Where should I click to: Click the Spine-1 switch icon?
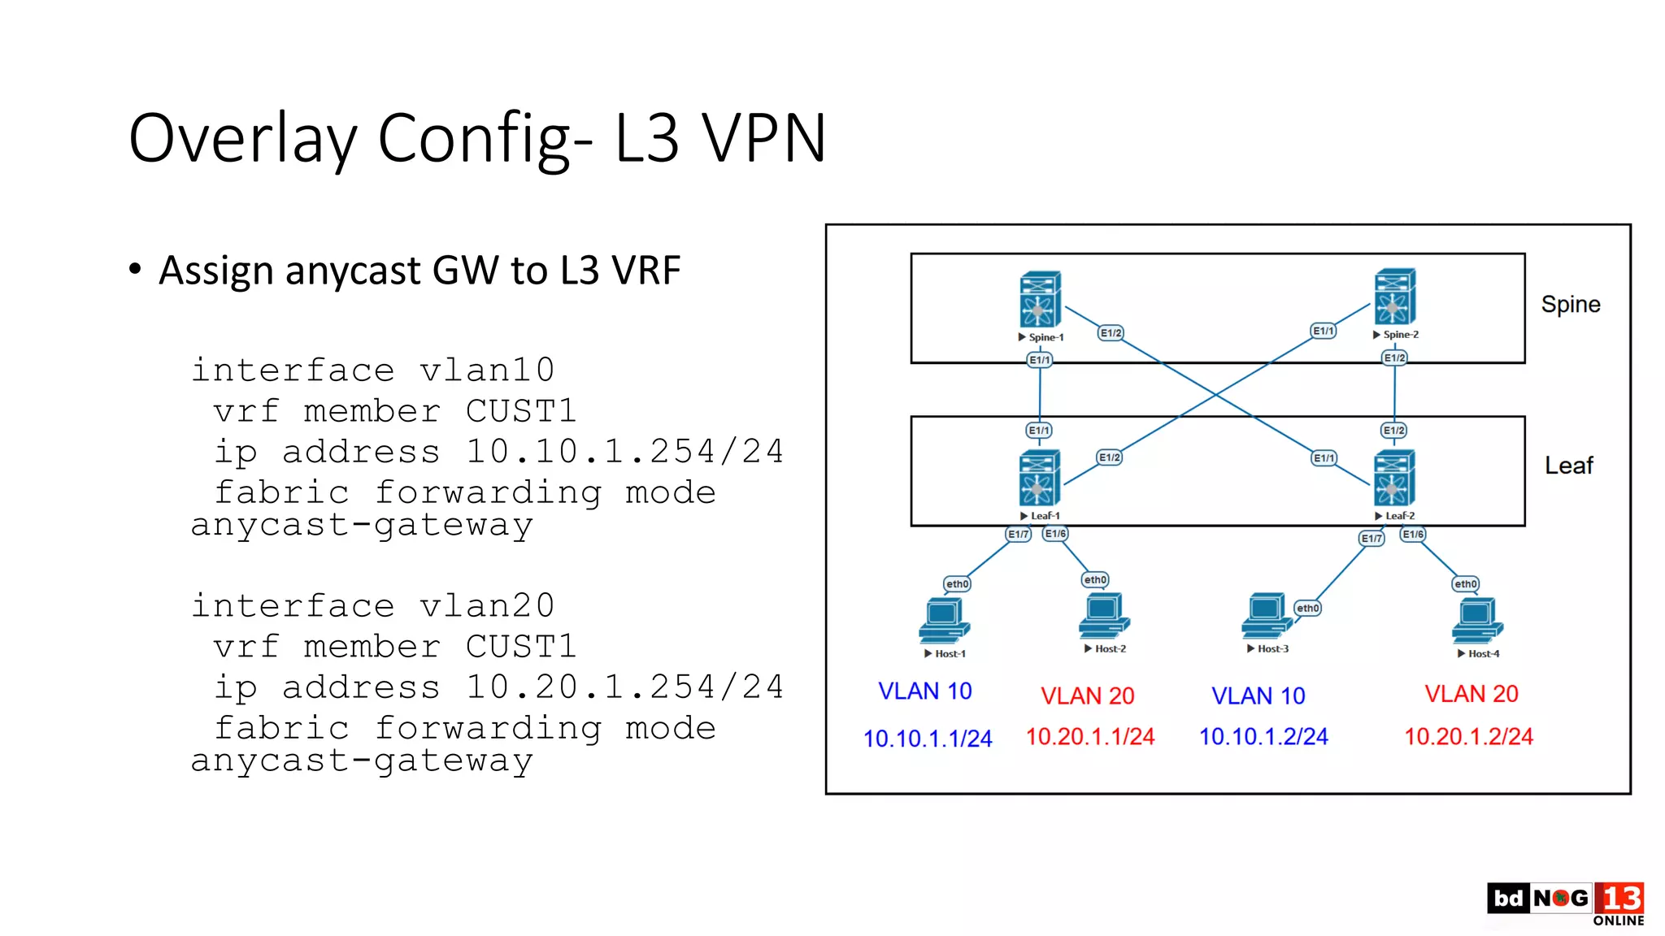[x=1040, y=299]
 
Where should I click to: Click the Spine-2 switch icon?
[x=1395, y=297]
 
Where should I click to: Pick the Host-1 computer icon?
[x=944, y=621]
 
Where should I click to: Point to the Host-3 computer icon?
[x=1266, y=616]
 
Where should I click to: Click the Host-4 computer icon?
[x=1477, y=621]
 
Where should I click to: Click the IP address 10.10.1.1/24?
[x=928, y=739]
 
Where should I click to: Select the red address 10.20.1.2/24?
[x=1468, y=736]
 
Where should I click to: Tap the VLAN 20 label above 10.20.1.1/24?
[x=1087, y=695]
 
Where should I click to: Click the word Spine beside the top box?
[x=1570, y=305]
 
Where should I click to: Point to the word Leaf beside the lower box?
[x=1568, y=466]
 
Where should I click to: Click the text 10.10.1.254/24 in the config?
[x=624, y=452]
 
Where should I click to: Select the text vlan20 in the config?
[x=486, y=606]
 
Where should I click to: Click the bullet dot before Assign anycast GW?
[x=135, y=269]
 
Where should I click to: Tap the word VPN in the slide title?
[x=763, y=138]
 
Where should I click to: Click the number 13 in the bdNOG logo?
[x=1619, y=899]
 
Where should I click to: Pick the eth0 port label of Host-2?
[x=1095, y=579]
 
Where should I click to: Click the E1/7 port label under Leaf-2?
[x=1372, y=539]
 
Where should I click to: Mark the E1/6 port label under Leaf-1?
[x=1055, y=534]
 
